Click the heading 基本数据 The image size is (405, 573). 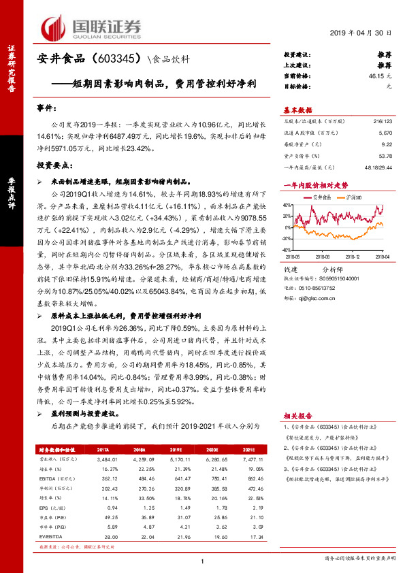297,110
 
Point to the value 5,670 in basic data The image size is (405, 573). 384,134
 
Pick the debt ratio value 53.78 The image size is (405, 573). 385,156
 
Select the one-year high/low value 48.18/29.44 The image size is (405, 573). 378,167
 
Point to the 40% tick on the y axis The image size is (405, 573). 288,203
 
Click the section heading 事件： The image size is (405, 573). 48,109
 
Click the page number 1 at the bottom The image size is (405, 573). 203,561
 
